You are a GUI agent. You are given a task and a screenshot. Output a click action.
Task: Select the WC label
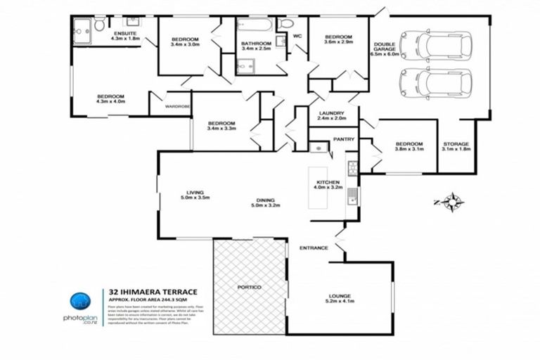tap(297, 35)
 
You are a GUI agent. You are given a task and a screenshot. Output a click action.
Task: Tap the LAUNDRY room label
tap(331, 115)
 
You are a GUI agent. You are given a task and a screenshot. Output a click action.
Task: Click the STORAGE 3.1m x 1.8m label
tap(455, 146)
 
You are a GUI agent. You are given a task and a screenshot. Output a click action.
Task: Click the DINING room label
tap(265, 203)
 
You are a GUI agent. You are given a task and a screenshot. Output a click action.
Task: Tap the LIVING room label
tap(195, 195)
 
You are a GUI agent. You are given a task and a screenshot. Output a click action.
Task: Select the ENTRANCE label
tap(314, 247)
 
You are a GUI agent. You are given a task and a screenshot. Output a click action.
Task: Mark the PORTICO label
tap(250, 288)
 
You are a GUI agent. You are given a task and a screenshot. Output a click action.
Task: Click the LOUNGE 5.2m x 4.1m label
tap(340, 299)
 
